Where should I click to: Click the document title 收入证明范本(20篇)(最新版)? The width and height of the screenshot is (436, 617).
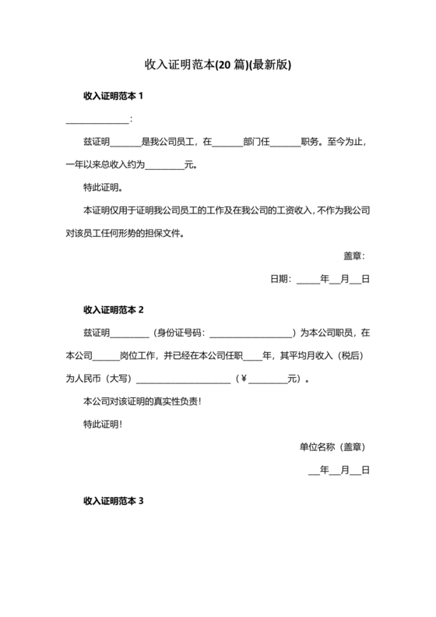(217, 64)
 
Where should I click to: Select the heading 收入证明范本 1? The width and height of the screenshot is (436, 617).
(114, 96)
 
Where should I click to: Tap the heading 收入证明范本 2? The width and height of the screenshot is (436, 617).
(114, 310)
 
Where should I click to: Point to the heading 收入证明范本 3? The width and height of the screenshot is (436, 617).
(114, 502)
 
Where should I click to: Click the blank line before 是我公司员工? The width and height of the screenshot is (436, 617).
(126, 143)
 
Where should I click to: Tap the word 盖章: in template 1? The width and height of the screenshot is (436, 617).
(354, 256)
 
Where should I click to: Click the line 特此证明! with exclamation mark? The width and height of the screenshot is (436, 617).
(103, 425)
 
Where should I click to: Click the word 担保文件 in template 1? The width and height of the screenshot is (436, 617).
(166, 233)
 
